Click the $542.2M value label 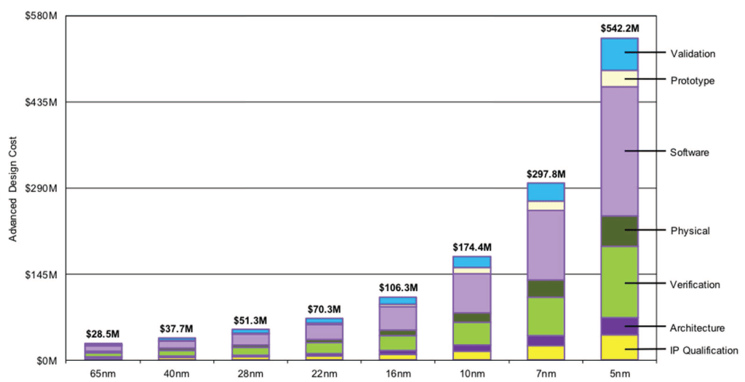pos(619,28)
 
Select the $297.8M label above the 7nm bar pos(546,174)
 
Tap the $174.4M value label pos(471,247)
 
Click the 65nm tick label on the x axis pos(103,373)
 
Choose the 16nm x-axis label pos(398,373)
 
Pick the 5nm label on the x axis pos(619,373)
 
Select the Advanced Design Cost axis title pos(12,188)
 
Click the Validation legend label pos(693,53)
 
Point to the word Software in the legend pos(690,152)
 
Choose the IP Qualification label pos(704,350)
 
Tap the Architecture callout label pos(697,327)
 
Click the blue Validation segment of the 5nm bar pos(619,55)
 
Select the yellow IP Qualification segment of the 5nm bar pos(619,347)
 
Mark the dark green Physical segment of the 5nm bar pos(619,231)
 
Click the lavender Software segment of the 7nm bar pos(546,244)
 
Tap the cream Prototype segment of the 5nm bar pos(619,79)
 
